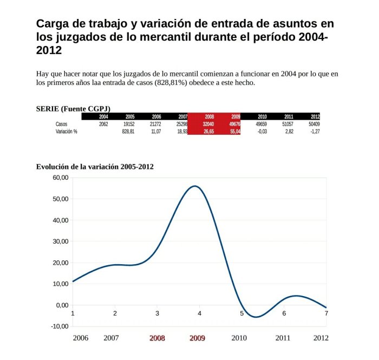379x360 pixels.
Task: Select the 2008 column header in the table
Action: coord(210,116)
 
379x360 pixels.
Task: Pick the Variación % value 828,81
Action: coord(128,132)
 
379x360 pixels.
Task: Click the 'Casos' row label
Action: coord(62,124)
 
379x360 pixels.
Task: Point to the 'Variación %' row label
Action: coord(67,132)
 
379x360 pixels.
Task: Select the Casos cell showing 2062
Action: coord(103,124)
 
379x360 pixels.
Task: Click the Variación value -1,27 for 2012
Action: coord(313,132)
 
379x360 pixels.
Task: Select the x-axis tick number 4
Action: coord(199,313)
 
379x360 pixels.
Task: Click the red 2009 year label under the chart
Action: coord(197,338)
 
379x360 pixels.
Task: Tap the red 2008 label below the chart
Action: coord(157,338)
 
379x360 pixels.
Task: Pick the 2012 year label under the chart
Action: coord(321,338)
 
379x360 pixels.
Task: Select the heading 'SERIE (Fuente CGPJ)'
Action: coord(73,108)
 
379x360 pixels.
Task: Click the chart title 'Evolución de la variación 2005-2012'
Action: coord(95,166)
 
